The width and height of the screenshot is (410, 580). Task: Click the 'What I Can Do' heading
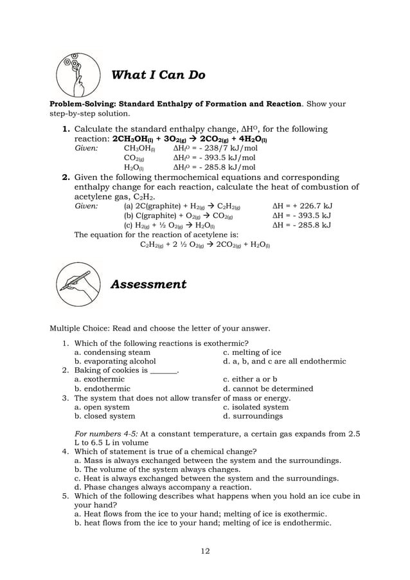[x=158, y=75]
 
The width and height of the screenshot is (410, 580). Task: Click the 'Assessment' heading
[x=148, y=284]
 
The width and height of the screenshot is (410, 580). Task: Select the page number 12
[x=204, y=550]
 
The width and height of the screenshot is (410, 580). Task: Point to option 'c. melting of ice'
[x=252, y=352]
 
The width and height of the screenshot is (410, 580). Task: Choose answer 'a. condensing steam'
[x=112, y=352]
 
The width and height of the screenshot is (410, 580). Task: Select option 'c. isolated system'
[x=256, y=407]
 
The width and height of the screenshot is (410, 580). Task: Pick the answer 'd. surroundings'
[x=253, y=416]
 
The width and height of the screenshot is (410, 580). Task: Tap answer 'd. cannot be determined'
[x=268, y=388]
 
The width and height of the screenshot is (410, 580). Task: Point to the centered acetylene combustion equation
[x=205, y=244]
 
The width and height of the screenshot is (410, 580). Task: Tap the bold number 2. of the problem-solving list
[x=66, y=177]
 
